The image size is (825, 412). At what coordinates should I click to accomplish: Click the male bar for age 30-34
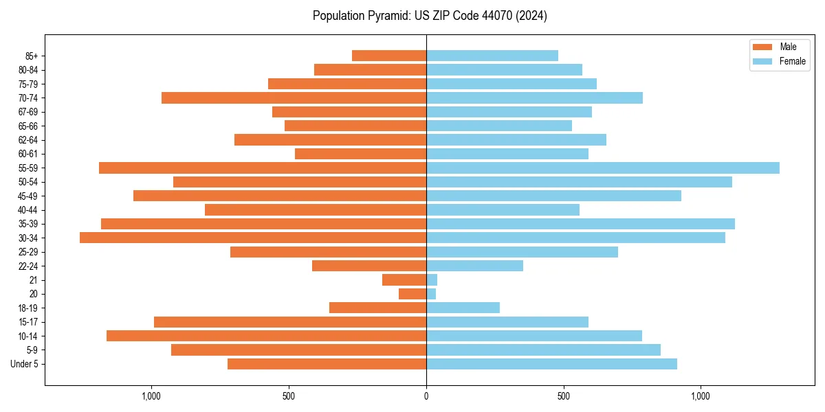(x=253, y=238)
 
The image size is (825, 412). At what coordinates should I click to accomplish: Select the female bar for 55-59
(x=603, y=168)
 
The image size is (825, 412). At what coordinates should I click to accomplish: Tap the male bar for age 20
(x=412, y=294)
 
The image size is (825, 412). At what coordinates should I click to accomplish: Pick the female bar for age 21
(x=432, y=280)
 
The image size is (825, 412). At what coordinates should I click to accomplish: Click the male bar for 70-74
(x=294, y=98)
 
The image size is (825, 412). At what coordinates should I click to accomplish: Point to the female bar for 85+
(x=492, y=56)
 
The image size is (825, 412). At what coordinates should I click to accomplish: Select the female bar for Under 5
(x=551, y=364)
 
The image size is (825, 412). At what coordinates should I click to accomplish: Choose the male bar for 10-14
(x=267, y=336)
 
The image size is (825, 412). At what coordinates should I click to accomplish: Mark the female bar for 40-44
(x=503, y=209)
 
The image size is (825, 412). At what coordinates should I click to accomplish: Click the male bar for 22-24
(x=369, y=266)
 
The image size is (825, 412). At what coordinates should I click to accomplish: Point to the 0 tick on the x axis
(x=426, y=396)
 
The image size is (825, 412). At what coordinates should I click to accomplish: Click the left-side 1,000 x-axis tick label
(x=151, y=396)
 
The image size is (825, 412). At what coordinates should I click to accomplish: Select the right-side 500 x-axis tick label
(x=564, y=396)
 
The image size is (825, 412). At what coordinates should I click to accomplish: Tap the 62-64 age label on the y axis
(x=28, y=140)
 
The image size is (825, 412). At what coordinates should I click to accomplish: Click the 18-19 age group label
(x=28, y=308)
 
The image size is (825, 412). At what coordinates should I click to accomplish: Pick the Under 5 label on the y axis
(x=25, y=364)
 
